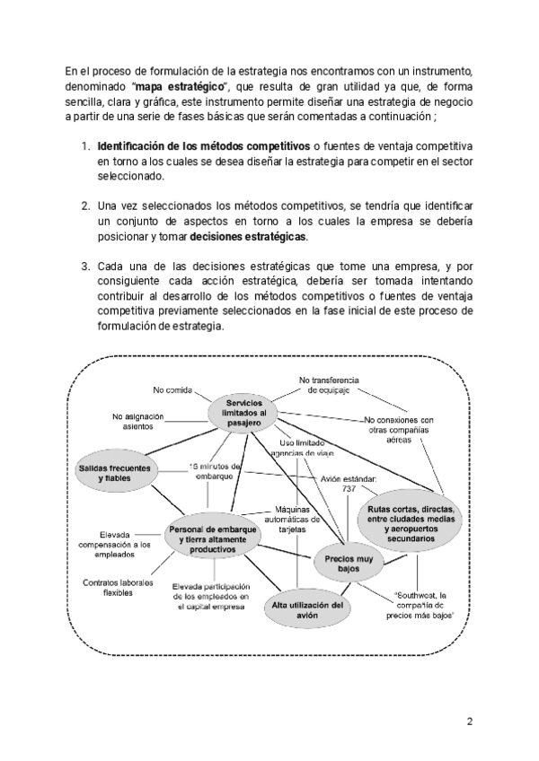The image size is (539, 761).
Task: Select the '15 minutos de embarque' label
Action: [216, 470]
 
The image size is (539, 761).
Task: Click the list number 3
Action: [85, 267]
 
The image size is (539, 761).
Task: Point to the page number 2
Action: [469, 721]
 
